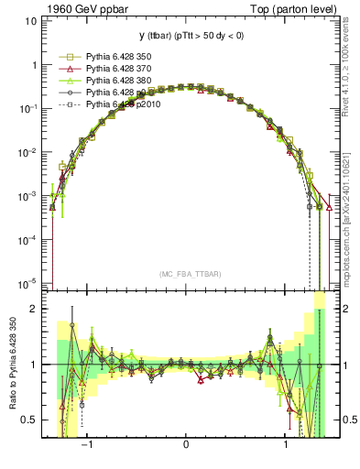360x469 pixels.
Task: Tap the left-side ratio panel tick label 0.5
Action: click(28, 420)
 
